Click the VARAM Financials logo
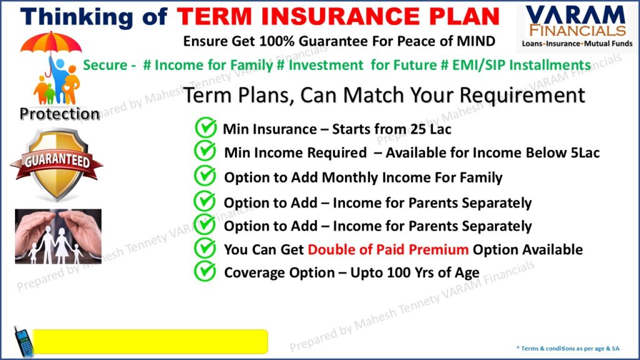point(577,26)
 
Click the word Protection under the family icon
point(59,114)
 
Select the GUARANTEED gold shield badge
point(57,164)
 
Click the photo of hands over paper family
point(58,236)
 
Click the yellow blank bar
point(150,341)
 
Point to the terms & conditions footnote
point(567,348)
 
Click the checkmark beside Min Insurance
point(206,127)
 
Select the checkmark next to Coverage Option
point(205,271)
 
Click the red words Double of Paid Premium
point(387,249)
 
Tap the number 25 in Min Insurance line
point(418,129)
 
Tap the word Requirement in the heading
point(522,96)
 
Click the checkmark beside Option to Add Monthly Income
point(205,176)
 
